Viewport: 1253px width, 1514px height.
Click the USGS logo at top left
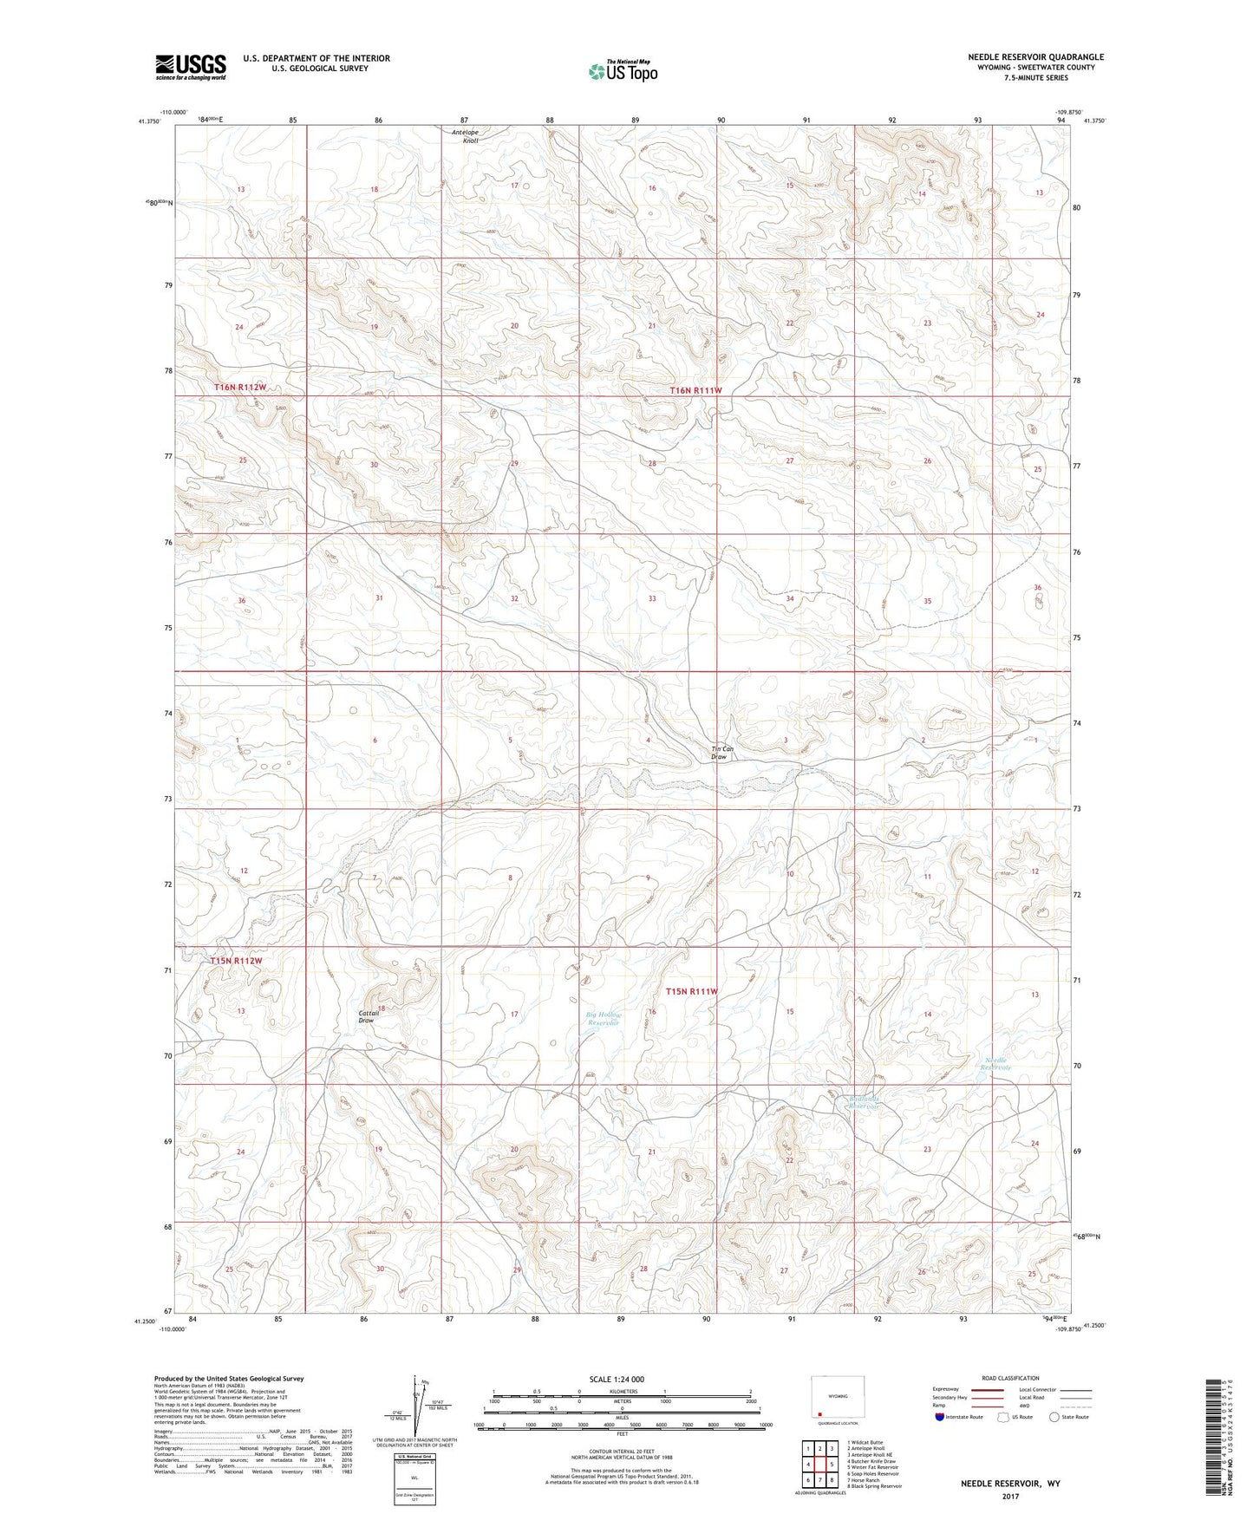(190, 67)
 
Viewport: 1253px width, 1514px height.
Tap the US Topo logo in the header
(622, 71)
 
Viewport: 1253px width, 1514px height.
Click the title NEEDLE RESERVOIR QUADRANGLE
(1035, 57)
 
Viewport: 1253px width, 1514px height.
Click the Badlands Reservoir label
(864, 1103)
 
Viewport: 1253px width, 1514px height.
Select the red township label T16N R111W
(695, 391)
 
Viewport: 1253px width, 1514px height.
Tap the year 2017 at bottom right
(1009, 1496)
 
